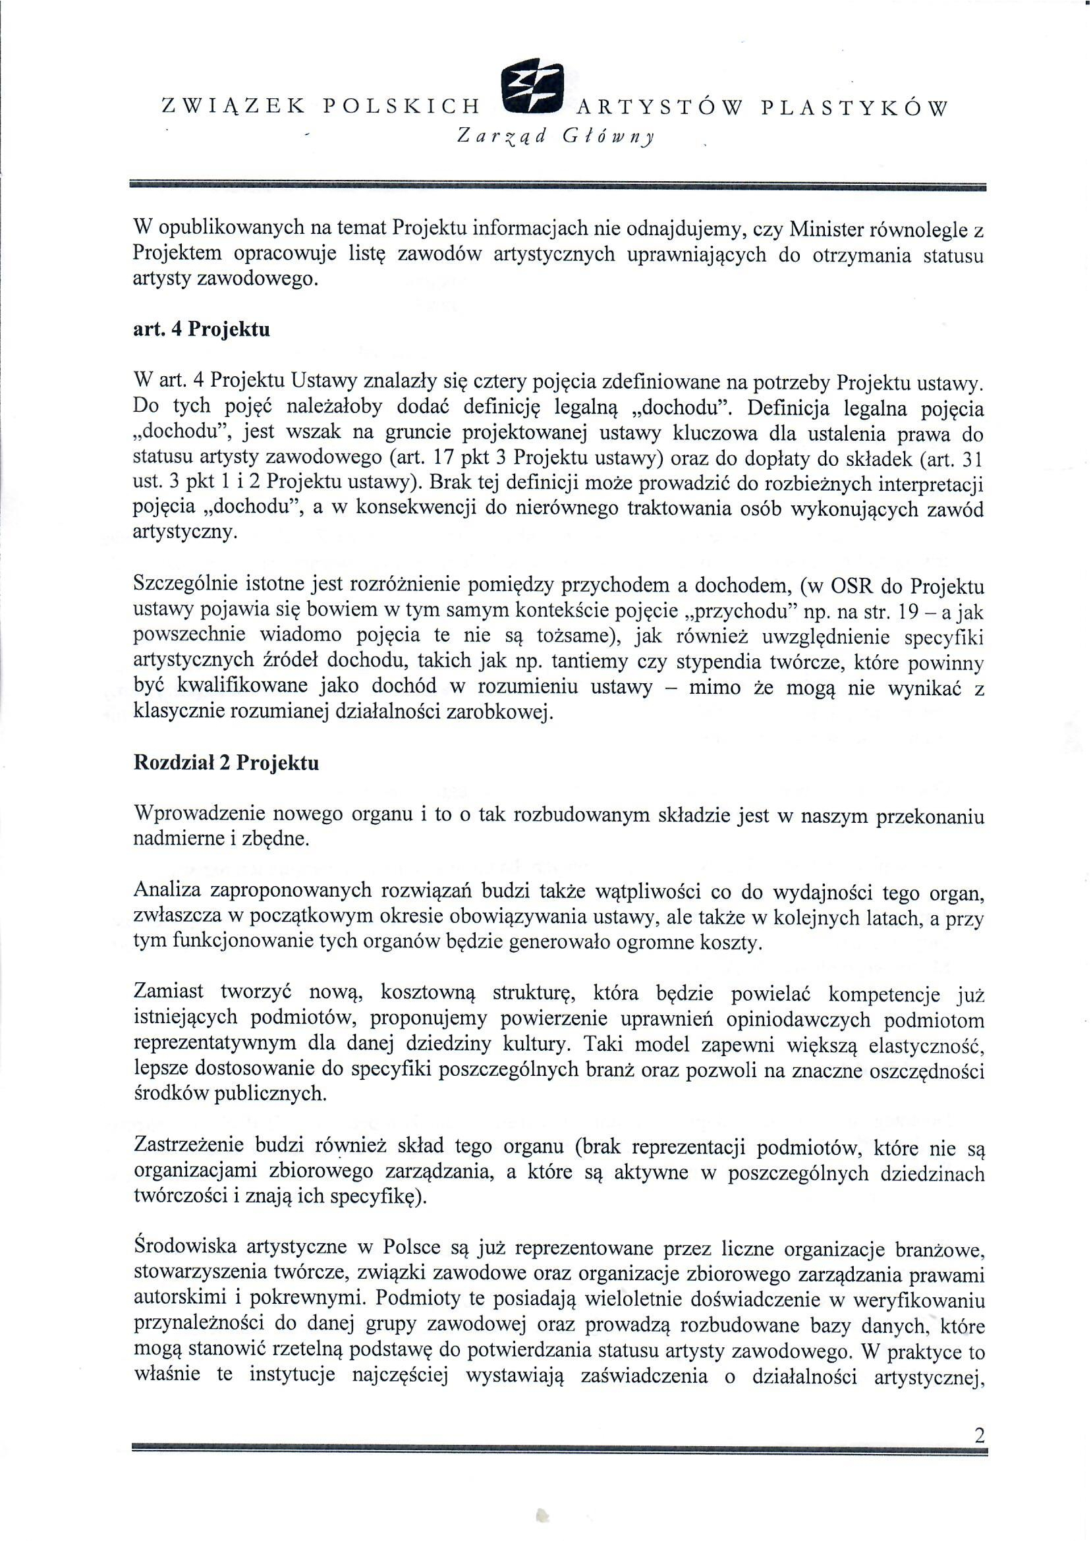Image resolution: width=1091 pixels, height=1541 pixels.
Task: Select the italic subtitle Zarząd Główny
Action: [x=555, y=137]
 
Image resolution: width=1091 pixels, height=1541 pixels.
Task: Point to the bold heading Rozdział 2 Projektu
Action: [x=227, y=764]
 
